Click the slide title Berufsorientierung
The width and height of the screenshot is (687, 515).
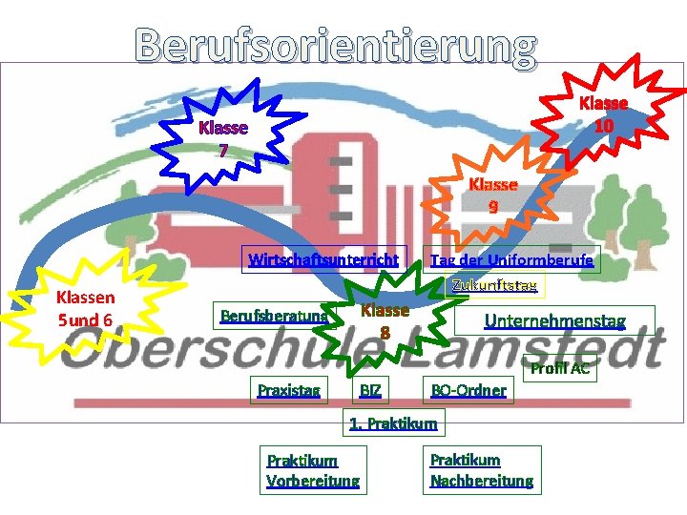336,43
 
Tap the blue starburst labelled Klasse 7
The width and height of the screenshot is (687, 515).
222,138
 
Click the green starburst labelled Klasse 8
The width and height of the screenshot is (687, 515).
385,320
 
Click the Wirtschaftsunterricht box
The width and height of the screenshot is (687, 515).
323,259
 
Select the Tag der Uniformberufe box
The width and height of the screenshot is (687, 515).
511,259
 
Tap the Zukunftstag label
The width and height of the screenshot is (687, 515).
494,284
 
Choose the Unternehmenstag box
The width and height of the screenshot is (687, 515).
555,320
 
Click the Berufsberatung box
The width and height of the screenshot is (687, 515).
274,316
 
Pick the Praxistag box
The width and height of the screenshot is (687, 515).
288,389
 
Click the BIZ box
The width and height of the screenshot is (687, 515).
370,389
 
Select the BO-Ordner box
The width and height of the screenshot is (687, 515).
468,389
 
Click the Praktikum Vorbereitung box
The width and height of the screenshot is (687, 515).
313,470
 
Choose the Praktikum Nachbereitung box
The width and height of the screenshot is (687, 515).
482,469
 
